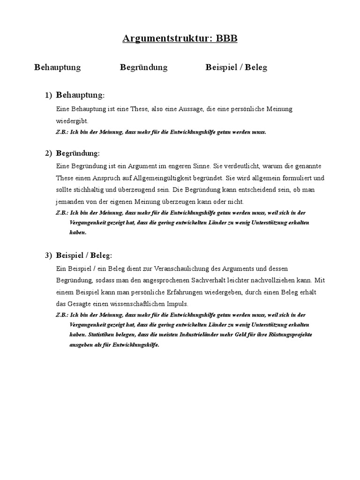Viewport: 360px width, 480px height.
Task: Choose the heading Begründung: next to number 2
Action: coord(78,154)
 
